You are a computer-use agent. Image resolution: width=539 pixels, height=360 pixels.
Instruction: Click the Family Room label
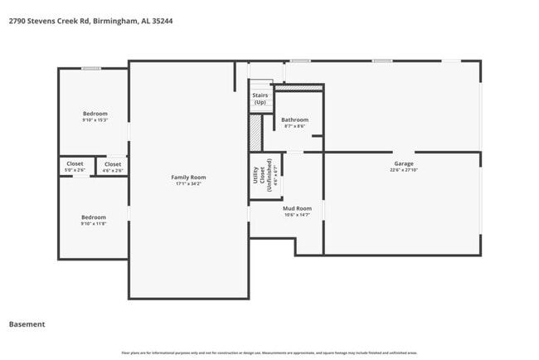pyautogui.click(x=188, y=177)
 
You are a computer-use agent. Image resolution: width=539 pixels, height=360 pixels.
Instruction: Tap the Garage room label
pyautogui.click(x=403, y=163)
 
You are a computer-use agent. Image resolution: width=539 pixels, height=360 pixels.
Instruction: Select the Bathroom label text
pyautogui.click(x=294, y=119)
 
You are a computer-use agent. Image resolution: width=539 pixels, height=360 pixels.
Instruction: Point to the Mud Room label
pyautogui.click(x=297, y=208)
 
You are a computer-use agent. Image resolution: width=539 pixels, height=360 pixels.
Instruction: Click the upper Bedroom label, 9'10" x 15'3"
pyautogui.click(x=95, y=114)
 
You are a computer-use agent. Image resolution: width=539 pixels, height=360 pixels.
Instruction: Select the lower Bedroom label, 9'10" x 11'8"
pyautogui.click(x=93, y=217)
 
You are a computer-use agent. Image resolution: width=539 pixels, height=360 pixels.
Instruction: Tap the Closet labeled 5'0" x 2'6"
pyautogui.click(x=75, y=164)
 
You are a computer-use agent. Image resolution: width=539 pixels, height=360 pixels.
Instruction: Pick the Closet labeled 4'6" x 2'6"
pyautogui.click(x=112, y=164)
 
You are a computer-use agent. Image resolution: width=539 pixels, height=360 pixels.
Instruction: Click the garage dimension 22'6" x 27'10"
pyautogui.click(x=403, y=170)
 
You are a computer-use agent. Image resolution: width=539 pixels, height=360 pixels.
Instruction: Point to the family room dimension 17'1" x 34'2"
pyautogui.click(x=188, y=183)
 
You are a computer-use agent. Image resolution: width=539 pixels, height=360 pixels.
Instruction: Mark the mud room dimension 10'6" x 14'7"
pyautogui.click(x=297, y=215)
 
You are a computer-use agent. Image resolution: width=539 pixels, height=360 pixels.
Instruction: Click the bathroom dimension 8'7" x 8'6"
pyautogui.click(x=294, y=126)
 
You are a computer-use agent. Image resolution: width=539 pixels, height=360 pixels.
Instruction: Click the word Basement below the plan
pyautogui.click(x=27, y=324)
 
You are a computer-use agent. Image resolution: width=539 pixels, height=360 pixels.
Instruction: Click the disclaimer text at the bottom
pyautogui.click(x=269, y=353)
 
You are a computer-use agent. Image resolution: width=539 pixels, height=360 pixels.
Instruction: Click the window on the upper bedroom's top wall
pyautogui.click(x=91, y=68)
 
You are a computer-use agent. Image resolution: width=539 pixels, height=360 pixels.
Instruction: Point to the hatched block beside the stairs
pyautogui.click(x=255, y=132)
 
